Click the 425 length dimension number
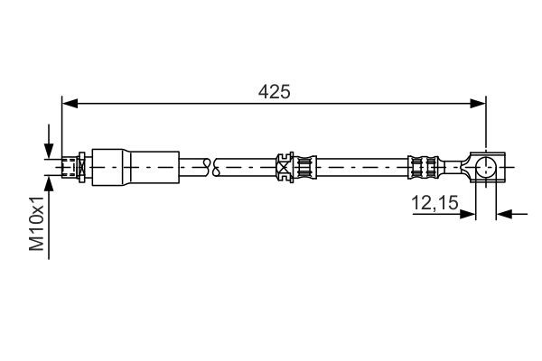(x=273, y=91)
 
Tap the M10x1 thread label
(x=37, y=226)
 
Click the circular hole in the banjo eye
(x=485, y=166)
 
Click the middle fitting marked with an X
(x=285, y=166)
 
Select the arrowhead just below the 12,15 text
(x=469, y=215)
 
